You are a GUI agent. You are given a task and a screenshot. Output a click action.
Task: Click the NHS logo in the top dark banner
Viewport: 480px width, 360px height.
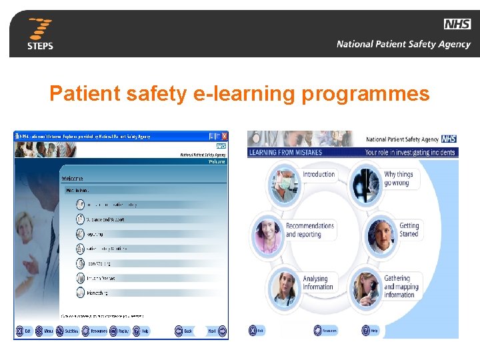pyautogui.click(x=457, y=25)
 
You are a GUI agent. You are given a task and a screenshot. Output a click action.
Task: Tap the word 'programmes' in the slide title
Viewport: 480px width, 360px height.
pyautogui.click(x=366, y=94)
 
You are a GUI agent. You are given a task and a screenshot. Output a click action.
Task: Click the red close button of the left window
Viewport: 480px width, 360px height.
pyautogui.click(x=225, y=136)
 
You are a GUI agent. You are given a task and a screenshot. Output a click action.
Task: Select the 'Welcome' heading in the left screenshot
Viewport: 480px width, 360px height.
pyautogui.click(x=73, y=179)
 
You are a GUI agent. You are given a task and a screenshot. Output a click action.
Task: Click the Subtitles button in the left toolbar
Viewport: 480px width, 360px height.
pyautogui.click(x=67, y=331)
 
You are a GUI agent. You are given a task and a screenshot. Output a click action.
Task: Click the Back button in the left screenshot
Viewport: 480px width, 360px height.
pyautogui.click(x=183, y=331)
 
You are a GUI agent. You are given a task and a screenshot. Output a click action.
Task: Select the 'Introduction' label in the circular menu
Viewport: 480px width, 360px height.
pyautogui.click(x=319, y=175)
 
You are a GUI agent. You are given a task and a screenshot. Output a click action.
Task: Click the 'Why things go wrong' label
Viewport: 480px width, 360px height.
pyautogui.click(x=399, y=179)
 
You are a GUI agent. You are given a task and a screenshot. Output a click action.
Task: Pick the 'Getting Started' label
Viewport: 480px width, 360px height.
pyautogui.click(x=409, y=230)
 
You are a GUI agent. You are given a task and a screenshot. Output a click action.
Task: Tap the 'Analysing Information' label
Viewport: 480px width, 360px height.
pyautogui.click(x=317, y=283)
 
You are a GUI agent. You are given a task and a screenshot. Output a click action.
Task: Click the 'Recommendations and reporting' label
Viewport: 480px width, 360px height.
pyautogui.click(x=310, y=230)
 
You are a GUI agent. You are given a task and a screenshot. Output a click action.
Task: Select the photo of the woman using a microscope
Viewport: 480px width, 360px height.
pyautogui.click(x=365, y=287)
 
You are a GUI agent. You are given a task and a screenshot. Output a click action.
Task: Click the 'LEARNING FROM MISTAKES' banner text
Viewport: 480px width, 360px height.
pyautogui.click(x=285, y=152)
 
